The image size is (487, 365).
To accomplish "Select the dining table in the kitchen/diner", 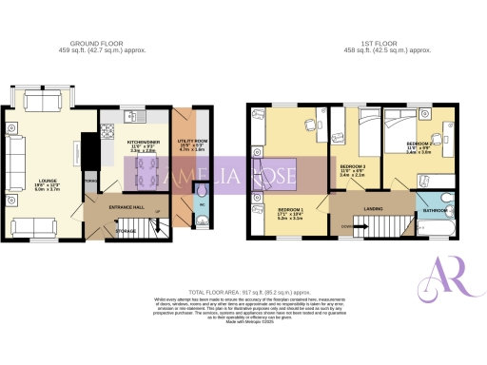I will point(141,174).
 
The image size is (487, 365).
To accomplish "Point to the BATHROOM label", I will point(437,211).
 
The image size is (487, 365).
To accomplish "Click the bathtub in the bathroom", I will point(438,228).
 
